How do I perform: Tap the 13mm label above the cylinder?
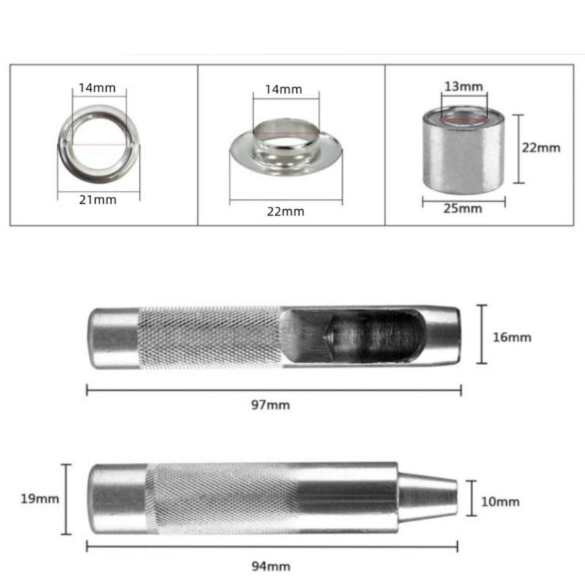click(463, 86)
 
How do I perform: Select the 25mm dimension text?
click(463, 208)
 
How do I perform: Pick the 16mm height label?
click(513, 337)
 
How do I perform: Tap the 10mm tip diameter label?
click(501, 502)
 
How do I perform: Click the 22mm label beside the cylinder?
click(541, 147)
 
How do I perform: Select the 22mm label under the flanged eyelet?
click(285, 211)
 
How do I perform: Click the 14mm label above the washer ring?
click(97, 88)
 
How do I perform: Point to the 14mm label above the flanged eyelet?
click(283, 89)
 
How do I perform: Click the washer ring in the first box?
click(97, 139)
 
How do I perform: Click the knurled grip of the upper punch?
click(208, 336)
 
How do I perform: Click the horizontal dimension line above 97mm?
click(273, 390)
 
